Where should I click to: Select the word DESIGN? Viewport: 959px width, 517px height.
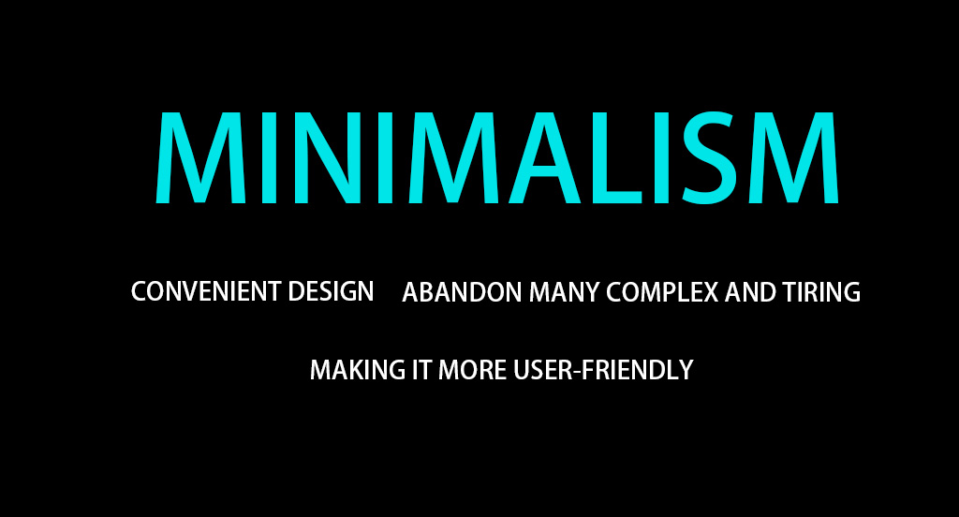point(331,291)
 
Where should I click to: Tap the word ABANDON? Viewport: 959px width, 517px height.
point(462,292)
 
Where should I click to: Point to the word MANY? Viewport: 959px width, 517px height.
point(564,292)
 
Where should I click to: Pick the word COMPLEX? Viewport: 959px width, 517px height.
point(662,292)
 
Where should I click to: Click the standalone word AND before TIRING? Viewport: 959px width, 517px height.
point(750,292)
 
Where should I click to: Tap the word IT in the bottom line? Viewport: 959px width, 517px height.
point(421,370)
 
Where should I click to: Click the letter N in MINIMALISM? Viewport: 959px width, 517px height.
point(323,157)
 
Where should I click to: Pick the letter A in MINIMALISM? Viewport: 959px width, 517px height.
point(544,157)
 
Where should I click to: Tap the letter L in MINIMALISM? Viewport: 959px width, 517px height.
point(614,157)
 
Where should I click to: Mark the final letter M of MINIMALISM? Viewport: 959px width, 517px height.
point(793,157)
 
